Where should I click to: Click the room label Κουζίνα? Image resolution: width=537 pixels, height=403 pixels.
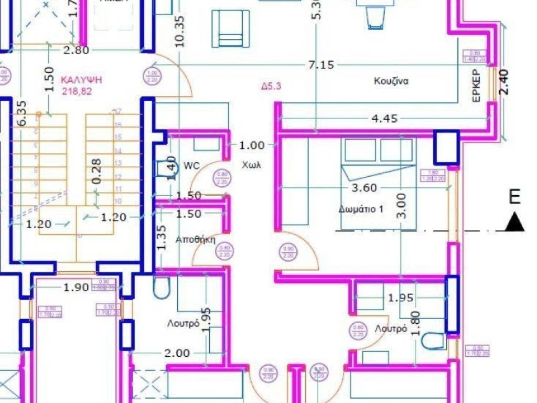[391, 81]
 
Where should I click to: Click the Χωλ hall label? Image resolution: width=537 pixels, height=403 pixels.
[251, 165]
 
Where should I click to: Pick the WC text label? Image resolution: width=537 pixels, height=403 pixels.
[191, 166]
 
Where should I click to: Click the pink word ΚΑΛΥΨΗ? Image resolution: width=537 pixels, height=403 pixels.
[81, 80]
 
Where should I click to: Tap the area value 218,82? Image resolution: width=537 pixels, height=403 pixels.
[78, 91]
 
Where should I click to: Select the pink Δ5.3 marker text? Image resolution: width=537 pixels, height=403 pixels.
[272, 87]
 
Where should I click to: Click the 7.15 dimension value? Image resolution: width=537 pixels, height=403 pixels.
[321, 65]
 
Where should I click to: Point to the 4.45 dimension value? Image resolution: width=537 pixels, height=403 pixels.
[384, 119]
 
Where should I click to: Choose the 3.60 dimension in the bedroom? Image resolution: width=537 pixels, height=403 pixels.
[363, 187]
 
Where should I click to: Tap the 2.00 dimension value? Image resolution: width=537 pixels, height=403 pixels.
[177, 353]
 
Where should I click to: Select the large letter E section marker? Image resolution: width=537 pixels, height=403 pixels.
[515, 197]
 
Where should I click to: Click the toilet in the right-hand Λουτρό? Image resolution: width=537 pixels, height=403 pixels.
[434, 341]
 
